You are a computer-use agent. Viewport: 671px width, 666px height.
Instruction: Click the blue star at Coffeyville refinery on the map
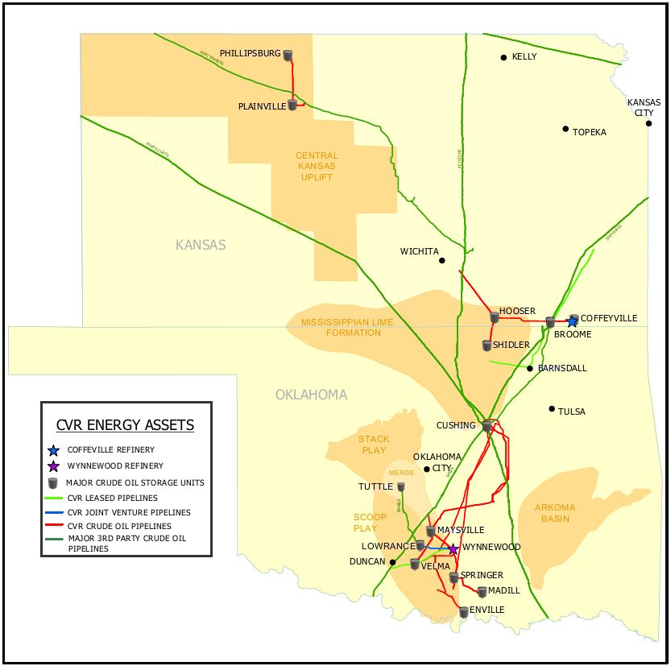pos(572,322)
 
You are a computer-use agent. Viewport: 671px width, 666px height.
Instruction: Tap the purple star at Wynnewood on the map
pos(454,549)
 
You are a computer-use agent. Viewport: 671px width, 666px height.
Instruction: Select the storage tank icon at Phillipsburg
pos(288,56)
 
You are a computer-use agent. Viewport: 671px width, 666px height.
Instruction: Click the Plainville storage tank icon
pos(292,105)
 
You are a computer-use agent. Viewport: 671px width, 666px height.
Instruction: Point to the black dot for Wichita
pos(441,260)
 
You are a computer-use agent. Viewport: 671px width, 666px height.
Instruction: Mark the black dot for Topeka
pos(565,129)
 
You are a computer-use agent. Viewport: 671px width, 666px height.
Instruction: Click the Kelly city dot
pos(503,57)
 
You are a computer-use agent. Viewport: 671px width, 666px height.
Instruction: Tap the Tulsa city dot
pos(552,409)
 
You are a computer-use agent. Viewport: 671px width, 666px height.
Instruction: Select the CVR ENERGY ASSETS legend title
pos(125,425)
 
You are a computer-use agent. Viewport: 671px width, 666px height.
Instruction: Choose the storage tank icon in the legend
pos(53,483)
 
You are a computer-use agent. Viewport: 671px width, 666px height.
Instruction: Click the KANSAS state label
pos(201,245)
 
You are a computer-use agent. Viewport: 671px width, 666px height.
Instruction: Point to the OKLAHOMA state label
pos(311,395)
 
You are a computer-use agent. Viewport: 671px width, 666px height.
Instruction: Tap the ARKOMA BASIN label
pos(555,513)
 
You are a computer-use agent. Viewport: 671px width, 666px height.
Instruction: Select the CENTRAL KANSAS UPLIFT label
pos(317,166)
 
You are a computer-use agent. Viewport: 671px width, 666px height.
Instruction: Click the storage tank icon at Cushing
pos(487,426)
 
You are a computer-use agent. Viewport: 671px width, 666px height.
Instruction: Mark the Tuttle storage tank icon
pos(400,487)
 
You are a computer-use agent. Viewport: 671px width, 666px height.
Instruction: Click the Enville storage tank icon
pos(463,612)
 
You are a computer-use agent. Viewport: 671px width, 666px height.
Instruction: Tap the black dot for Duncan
pos(392,562)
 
